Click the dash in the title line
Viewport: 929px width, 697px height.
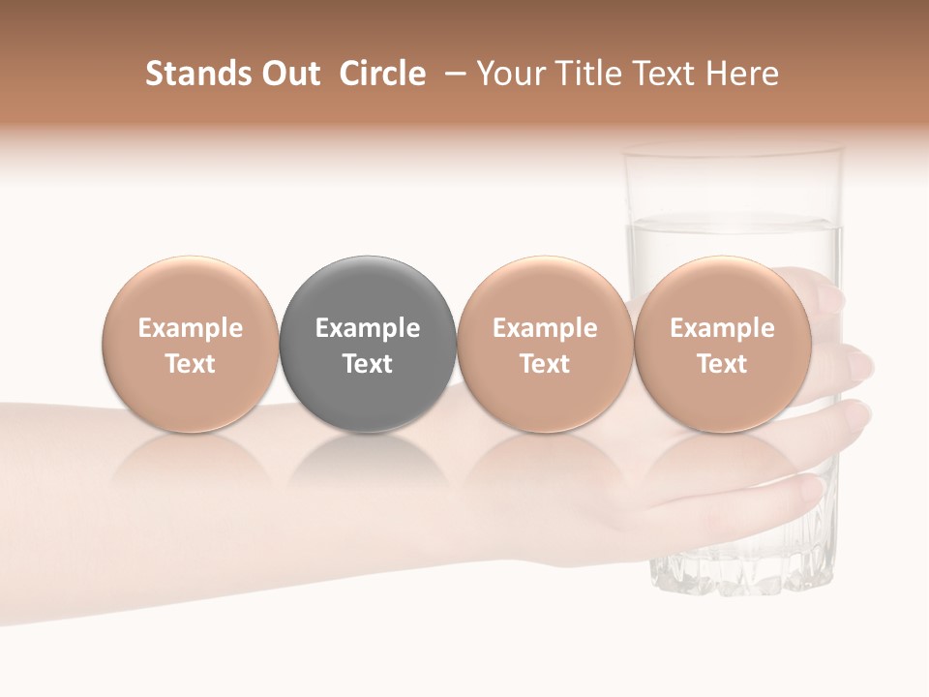[451, 74]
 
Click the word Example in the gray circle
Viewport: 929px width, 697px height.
[368, 328]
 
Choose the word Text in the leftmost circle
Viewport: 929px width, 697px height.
[191, 364]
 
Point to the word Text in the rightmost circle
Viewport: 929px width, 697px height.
[723, 364]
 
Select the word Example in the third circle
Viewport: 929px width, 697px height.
[545, 328]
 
